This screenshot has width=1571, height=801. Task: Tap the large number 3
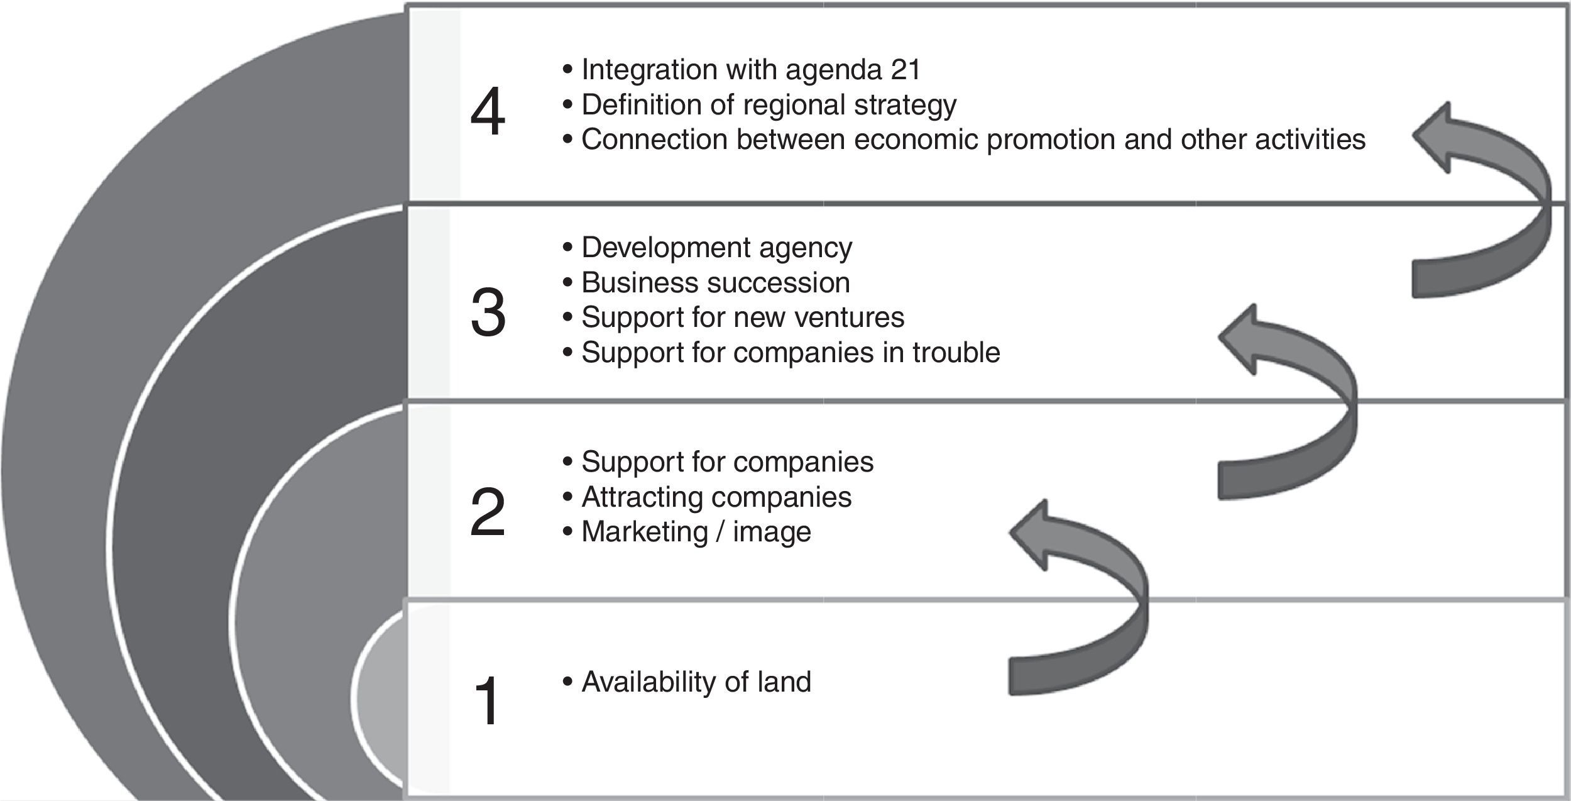tap(488, 312)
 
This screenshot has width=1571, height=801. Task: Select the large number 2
tap(488, 512)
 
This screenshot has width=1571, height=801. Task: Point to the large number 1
tap(488, 700)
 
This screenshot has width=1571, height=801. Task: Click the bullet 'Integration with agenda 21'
tap(742, 69)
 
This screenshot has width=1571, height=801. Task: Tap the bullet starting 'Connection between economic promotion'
tap(964, 140)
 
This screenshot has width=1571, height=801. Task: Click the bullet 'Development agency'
tap(708, 248)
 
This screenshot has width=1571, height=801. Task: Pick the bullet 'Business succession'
tap(706, 283)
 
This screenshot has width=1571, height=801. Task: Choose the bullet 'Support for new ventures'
tap(734, 317)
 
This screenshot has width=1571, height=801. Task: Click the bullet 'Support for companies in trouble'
tap(782, 352)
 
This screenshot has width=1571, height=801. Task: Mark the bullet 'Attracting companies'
tap(708, 497)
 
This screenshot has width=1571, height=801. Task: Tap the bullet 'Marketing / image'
tap(687, 532)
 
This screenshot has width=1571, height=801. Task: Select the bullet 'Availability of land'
tap(687, 682)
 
